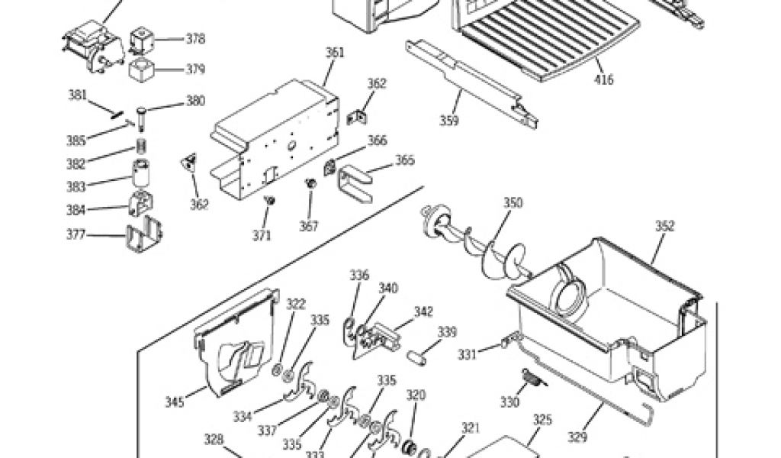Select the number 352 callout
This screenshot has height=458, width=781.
665,225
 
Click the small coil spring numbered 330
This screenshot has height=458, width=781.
529,378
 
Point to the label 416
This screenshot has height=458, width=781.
603,79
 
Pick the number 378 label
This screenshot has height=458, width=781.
195,38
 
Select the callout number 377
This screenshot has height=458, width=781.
76,234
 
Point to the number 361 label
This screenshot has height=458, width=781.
335,53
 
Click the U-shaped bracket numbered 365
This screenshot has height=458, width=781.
355,183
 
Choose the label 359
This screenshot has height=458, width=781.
449,121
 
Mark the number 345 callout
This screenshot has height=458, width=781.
174,402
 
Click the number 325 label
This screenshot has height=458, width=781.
542,419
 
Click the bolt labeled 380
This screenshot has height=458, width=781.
142,114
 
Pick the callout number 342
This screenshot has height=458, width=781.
424,311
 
